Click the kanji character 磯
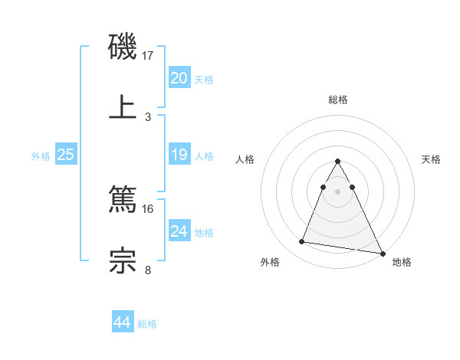(x=123, y=47)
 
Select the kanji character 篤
(x=123, y=201)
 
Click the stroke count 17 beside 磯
(x=148, y=56)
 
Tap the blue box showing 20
(x=179, y=78)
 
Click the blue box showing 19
(x=179, y=155)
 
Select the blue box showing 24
(x=179, y=231)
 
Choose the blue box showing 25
(x=66, y=155)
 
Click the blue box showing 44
(x=122, y=323)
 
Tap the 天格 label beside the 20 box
(x=203, y=80)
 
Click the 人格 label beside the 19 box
(x=203, y=156)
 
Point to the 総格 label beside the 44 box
(x=147, y=325)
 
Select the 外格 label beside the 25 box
(x=41, y=156)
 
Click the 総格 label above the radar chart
(x=338, y=100)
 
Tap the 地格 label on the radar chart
(x=402, y=262)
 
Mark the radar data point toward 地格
(x=383, y=253)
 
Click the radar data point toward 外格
(x=302, y=242)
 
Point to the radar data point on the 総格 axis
(x=338, y=162)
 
